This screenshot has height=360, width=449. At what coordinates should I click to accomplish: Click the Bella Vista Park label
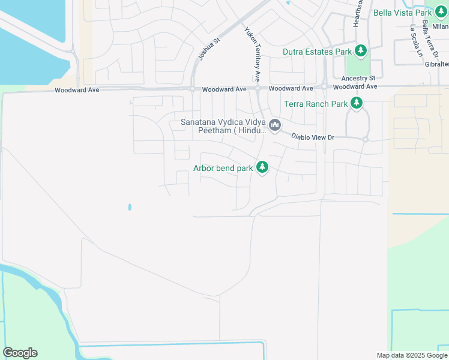402,12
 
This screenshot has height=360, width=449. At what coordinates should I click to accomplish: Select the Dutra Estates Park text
318,52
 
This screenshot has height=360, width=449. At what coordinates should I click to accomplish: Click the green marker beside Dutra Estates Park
361,51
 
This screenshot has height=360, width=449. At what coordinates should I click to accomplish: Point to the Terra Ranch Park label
316,104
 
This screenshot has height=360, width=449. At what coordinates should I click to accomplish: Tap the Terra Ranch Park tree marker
357,104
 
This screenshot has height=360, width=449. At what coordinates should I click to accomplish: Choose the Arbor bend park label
223,168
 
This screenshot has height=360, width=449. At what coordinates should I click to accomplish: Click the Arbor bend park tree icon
262,167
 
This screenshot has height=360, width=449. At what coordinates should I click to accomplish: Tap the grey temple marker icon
275,125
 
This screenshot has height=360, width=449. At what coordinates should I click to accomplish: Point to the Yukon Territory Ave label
252,54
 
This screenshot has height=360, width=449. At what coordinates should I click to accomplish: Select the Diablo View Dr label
312,137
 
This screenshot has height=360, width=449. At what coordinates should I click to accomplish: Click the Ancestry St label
358,79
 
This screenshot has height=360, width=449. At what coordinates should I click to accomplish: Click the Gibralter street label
436,64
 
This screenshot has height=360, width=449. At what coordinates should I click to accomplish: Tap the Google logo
20,353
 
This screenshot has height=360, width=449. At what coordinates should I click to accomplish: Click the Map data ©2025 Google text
411,355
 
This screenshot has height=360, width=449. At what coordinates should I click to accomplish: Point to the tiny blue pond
129,208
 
